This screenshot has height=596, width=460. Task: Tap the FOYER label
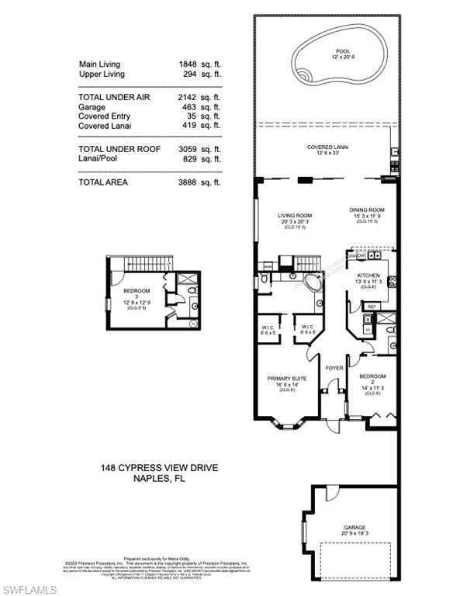334,369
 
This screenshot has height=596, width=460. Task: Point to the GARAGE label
355,527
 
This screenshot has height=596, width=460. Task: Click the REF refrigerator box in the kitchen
371,307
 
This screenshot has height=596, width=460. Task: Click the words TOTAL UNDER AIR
113,97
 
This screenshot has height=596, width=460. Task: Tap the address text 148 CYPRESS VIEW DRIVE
148,468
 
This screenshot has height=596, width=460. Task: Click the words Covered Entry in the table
104,116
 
